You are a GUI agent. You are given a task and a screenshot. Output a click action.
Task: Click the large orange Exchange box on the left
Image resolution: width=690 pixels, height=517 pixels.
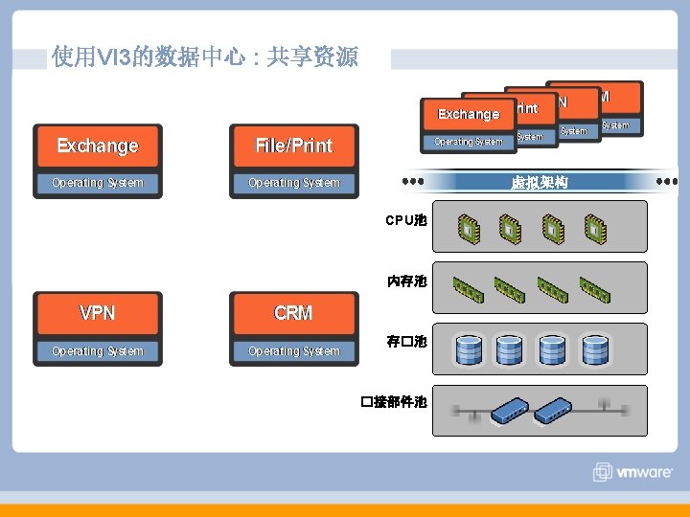pos(98,146)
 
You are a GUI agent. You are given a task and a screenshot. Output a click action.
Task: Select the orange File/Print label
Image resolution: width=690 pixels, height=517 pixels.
pos(293,146)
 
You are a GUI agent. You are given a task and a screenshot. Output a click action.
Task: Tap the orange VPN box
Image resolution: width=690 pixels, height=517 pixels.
pos(98,313)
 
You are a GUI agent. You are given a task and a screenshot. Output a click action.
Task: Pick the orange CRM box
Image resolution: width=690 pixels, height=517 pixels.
pos(293,313)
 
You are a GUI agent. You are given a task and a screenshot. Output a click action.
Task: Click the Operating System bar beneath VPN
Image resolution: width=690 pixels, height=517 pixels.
pos(98,351)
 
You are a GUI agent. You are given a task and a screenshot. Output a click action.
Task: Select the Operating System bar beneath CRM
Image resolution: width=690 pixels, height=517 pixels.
pos(293,351)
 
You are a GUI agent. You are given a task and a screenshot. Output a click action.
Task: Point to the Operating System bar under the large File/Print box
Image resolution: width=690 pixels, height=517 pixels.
pos(293,183)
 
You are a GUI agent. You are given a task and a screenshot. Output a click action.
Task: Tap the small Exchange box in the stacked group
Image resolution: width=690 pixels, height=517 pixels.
pos(468,114)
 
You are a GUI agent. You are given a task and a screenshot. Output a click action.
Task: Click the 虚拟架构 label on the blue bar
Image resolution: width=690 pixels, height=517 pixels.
pos(540,182)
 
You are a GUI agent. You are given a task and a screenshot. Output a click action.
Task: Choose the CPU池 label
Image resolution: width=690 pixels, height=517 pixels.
pos(406,220)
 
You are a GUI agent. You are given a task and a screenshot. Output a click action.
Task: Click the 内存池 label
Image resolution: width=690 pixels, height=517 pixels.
pos(406,281)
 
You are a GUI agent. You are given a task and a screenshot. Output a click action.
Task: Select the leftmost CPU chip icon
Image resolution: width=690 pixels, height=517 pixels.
pos(466,229)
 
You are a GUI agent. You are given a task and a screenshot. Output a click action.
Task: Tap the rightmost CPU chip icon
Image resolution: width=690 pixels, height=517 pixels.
pos(595,229)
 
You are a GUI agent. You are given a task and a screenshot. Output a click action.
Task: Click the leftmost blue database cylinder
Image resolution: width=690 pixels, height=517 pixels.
pos(469,349)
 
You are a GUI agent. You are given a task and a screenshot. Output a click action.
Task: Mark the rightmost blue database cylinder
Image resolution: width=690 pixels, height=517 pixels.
pos(594,349)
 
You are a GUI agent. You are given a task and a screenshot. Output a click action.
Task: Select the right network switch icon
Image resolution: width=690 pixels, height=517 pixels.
pos(555,411)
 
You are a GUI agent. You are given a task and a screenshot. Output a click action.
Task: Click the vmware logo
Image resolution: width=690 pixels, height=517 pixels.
pos(635,471)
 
